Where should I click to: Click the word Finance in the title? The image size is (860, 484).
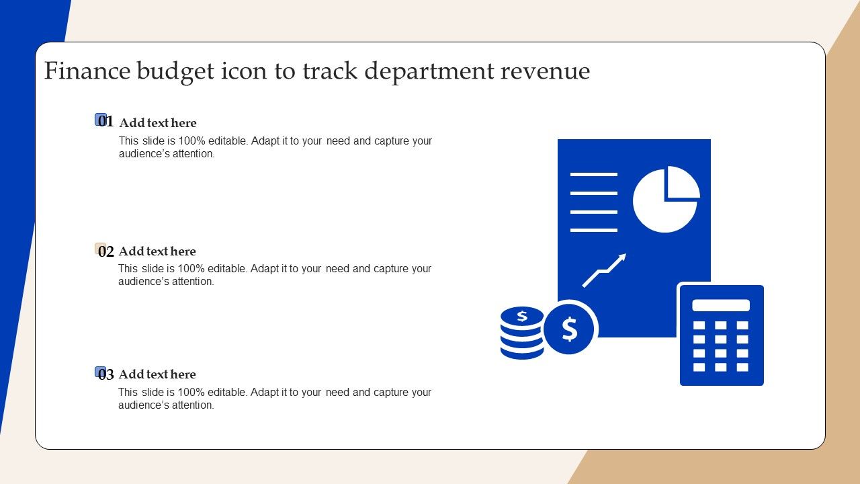click(x=87, y=71)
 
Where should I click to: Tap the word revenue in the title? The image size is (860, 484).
click(x=545, y=71)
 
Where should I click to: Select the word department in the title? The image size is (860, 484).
click(x=429, y=72)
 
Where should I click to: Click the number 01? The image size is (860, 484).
click(x=105, y=121)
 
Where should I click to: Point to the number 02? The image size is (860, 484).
click(x=106, y=251)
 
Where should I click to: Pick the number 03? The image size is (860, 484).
click(x=106, y=374)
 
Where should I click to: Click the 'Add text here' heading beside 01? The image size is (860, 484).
click(x=158, y=123)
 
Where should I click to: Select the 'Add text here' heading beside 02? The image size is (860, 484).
click(x=157, y=251)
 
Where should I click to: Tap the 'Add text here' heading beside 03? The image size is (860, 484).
click(x=157, y=374)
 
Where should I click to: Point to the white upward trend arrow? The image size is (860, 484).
click(x=604, y=270)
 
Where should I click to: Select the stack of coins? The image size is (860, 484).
click(x=522, y=333)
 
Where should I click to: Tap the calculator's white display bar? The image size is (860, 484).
click(x=721, y=305)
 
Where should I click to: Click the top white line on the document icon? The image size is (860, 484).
click(x=593, y=174)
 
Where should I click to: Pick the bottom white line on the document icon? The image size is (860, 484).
click(x=593, y=230)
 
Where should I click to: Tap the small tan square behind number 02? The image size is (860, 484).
click(x=100, y=248)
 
